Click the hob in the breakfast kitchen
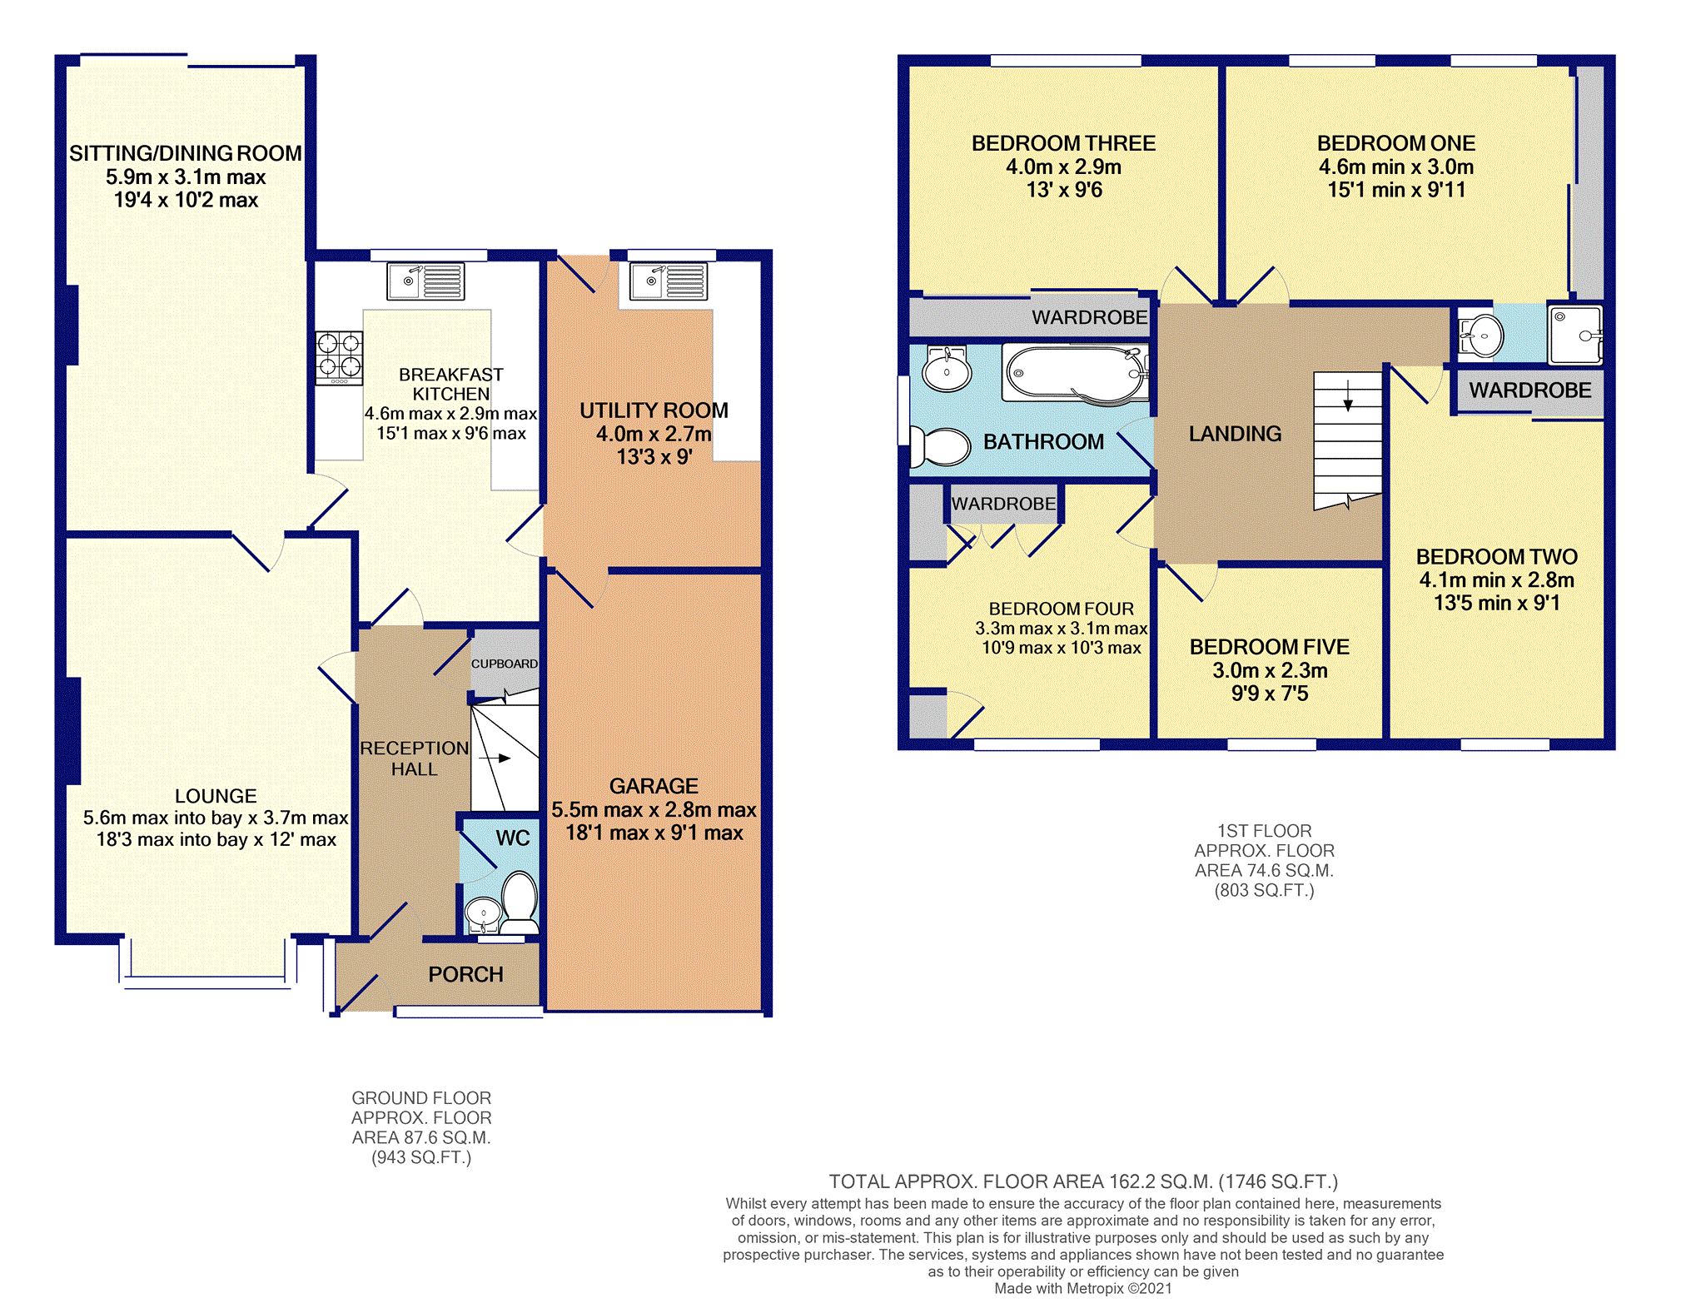coord(339,358)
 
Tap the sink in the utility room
coord(668,281)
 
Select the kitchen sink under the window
coord(425,281)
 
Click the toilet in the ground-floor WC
coord(520,903)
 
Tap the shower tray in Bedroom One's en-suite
coord(1575,335)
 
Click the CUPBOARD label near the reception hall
coord(505,664)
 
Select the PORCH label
coord(465,974)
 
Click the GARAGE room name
coord(654,786)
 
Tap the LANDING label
coord(1235,434)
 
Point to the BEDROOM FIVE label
coord(1270,647)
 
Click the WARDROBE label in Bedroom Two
coord(1529,390)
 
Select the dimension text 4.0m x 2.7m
coord(654,434)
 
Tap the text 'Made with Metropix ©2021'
coord(1083,1288)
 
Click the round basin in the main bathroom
coord(947,371)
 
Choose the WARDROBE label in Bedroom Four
coord(1003,504)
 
